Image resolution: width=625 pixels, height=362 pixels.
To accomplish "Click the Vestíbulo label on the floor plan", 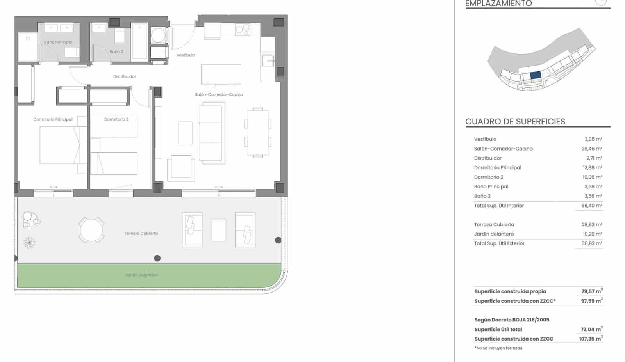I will click(x=186, y=55).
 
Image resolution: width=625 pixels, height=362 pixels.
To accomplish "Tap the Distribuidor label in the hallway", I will click(x=125, y=76).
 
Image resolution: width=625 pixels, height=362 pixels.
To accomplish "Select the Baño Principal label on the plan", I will click(x=58, y=42).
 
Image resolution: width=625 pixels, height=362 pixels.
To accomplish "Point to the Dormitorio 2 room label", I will click(x=116, y=119).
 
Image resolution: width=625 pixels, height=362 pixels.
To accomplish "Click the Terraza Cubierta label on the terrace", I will click(x=141, y=233).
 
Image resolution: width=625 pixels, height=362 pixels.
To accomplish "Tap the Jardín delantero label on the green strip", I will click(x=141, y=275).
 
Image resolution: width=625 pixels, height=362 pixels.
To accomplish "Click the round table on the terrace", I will click(x=91, y=230).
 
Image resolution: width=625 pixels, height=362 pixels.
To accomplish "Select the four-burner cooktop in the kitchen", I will click(x=242, y=30).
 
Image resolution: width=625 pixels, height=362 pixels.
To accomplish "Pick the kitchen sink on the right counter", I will click(x=268, y=61).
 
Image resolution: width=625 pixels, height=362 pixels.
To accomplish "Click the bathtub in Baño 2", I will click(x=139, y=41).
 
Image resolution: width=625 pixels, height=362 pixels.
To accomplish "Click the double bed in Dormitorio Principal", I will click(x=59, y=145).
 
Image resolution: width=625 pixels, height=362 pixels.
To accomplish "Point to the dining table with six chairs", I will click(x=258, y=133).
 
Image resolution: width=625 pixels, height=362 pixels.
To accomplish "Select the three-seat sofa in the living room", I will click(x=212, y=133).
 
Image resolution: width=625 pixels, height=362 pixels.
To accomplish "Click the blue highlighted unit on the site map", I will click(x=535, y=75).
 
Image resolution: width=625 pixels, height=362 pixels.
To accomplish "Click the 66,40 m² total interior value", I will click(x=591, y=206).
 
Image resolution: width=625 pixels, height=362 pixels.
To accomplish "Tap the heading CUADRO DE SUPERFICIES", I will click(x=515, y=121).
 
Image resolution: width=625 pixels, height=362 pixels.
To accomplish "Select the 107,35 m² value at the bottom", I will click(x=591, y=339).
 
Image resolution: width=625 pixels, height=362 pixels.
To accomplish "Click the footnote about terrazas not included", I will click(x=498, y=348).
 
